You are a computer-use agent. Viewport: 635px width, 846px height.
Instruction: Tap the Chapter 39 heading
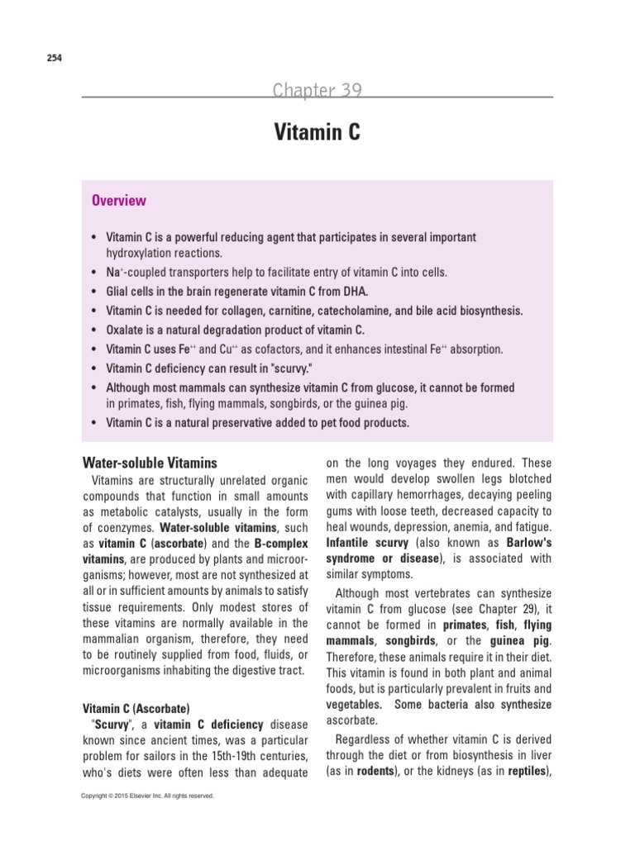317,90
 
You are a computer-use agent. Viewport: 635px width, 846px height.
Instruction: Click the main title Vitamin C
317,132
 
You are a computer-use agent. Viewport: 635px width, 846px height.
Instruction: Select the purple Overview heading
119,201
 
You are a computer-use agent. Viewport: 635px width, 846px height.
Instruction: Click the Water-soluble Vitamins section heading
149,463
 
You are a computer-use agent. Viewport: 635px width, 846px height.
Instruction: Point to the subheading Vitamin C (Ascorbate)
136,708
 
